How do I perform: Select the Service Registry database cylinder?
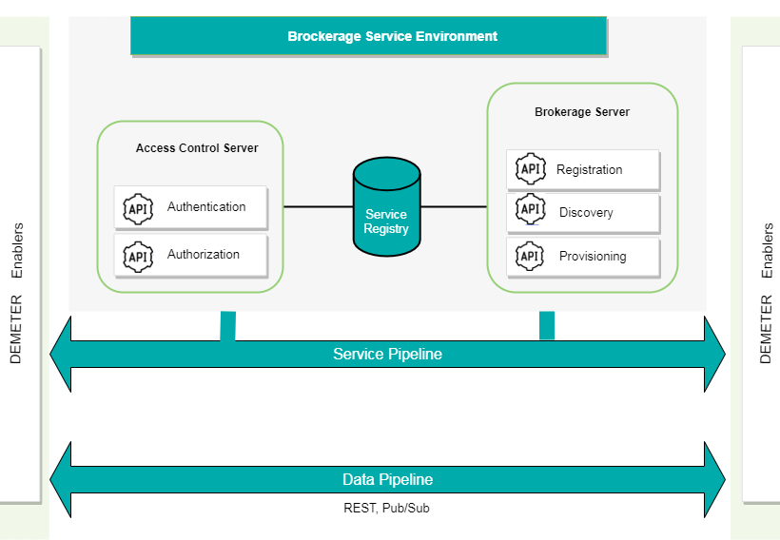coord(386,209)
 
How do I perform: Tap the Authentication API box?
coord(190,207)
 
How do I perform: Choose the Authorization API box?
coord(190,255)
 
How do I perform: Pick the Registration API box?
coord(582,169)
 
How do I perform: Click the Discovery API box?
coord(582,213)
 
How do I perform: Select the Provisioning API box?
coord(582,257)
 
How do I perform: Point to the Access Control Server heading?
coord(197,148)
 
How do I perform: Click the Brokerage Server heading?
coord(582,112)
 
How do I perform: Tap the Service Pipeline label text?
coord(387,355)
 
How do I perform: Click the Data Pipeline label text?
coord(387,480)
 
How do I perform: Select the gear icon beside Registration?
coord(530,169)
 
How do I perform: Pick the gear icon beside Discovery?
coord(530,210)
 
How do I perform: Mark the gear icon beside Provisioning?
coord(530,256)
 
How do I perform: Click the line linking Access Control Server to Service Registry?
coord(318,206)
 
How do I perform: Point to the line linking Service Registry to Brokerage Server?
coord(453,206)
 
